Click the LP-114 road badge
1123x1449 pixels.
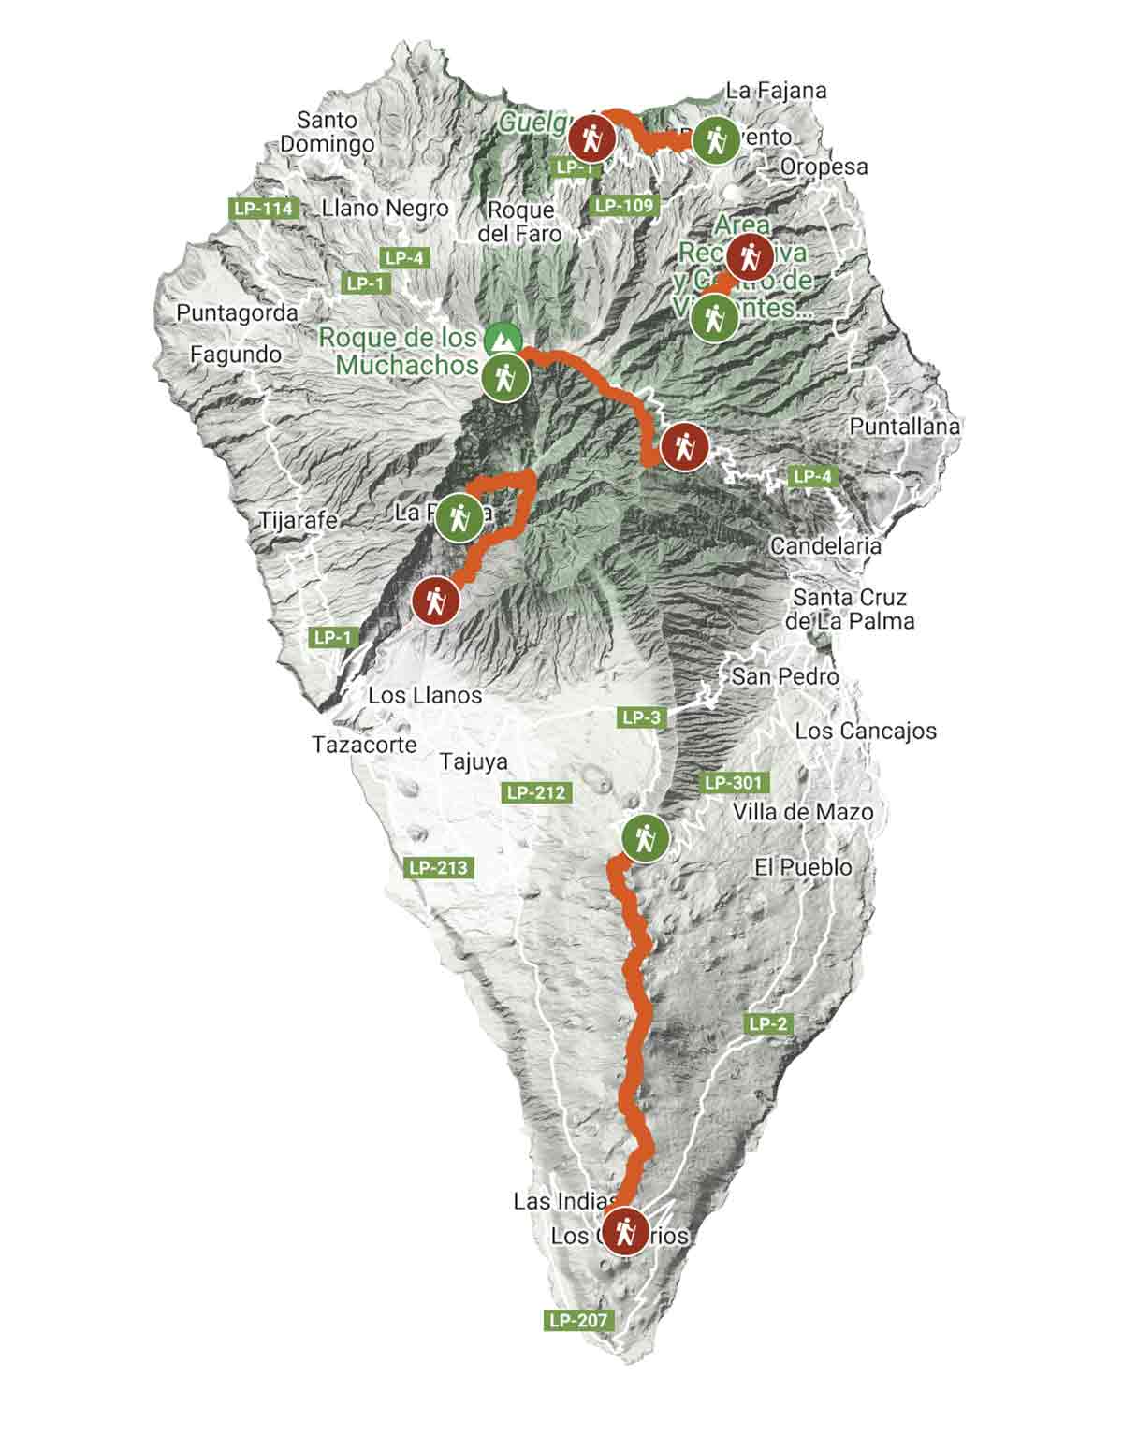264,209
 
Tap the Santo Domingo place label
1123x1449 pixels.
327,132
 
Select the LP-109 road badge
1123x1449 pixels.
625,205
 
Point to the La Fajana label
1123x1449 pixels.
776,91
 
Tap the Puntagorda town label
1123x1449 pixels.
237,313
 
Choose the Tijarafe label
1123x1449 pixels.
299,520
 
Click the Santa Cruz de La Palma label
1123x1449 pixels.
850,609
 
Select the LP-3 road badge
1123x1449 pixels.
641,717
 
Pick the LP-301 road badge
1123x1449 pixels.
735,782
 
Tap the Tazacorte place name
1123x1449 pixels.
364,745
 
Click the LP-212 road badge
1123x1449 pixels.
537,792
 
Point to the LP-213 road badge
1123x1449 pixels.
438,867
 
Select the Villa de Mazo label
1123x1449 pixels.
802,812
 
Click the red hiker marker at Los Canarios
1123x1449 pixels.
624,1229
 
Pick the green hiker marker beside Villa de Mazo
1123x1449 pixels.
644,838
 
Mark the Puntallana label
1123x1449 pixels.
904,427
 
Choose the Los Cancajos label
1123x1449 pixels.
865,731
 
